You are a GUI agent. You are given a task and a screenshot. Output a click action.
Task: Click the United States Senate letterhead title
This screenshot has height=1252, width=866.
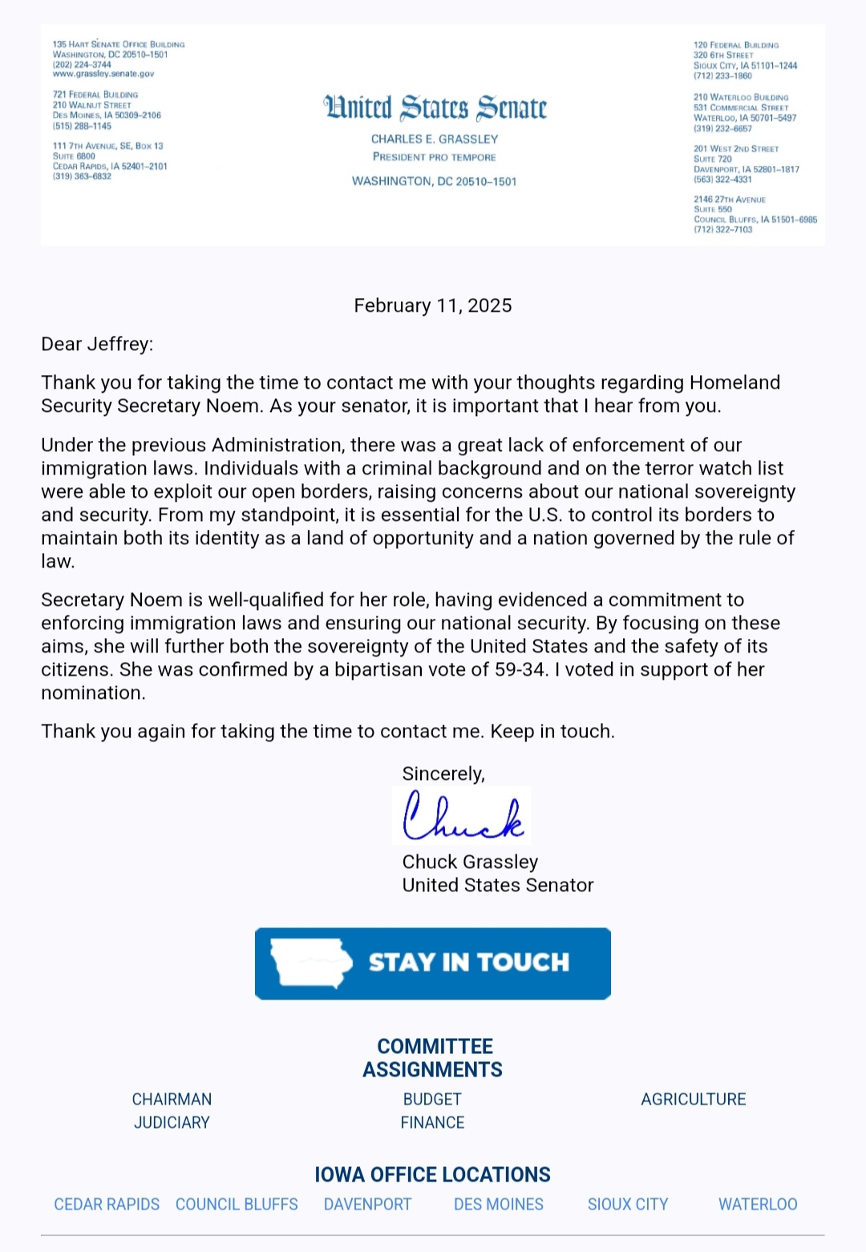[x=435, y=107]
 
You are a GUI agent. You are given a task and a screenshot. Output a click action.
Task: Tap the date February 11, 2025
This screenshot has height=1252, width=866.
[x=433, y=305]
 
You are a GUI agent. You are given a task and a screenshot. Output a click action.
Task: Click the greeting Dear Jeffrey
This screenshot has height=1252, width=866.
[x=97, y=344]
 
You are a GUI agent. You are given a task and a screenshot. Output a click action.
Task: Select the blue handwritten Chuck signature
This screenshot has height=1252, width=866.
[x=463, y=816]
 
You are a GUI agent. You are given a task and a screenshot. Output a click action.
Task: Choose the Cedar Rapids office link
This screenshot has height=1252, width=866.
[x=107, y=1204]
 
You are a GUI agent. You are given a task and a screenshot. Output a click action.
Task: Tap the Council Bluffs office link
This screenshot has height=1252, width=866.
[x=237, y=1204]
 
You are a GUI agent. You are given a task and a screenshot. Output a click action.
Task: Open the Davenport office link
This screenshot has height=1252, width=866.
[x=367, y=1204]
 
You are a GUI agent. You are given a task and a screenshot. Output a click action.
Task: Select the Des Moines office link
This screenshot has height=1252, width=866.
[x=499, y=1204]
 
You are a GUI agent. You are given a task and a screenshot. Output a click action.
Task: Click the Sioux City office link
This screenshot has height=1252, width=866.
[x=628, y=1204]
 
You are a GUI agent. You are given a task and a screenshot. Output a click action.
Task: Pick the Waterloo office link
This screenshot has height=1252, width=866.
[x=758, y=1204]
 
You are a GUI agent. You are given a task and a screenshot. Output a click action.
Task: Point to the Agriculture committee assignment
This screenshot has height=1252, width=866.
[x=694, y=1099]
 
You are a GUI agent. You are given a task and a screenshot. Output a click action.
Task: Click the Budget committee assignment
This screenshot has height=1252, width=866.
[x=432, y=1099]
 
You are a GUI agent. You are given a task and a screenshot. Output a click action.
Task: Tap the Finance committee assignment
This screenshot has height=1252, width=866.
[x=432, y=1122]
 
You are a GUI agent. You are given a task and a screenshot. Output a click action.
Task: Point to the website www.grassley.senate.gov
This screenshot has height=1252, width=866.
[x=103, y=74]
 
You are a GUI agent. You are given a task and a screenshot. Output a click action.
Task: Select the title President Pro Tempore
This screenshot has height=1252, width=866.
[x=435, y=157]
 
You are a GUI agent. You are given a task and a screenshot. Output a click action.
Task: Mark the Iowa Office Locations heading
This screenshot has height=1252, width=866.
[x=432, y=1174]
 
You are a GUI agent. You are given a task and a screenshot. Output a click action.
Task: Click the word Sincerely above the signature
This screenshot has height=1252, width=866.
[x=443, y=773]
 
